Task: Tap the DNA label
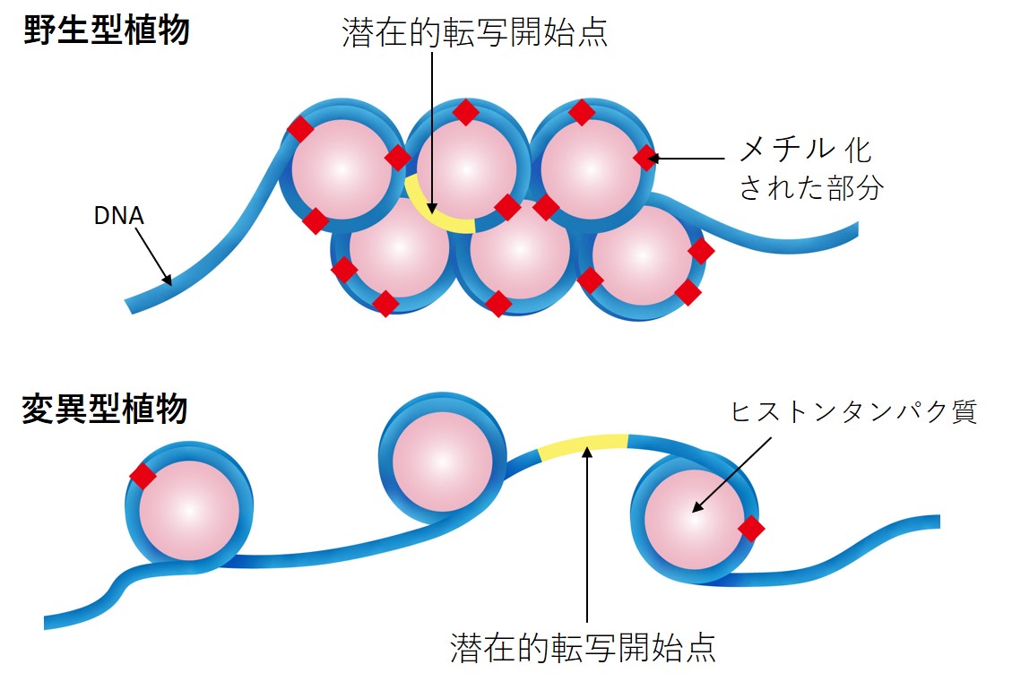tap(118, 216)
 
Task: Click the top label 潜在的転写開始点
tap(475, 33)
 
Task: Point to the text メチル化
tap(804, 150)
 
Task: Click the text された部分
tap(810, 188)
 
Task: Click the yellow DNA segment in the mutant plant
tap(584, 444)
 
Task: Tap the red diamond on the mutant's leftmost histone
tap(143, 476)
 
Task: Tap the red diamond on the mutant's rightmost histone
tap(751, 529)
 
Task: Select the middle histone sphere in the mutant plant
tap(442, 462)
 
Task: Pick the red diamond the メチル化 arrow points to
tap(645, 159)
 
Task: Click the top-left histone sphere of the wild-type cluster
tap(342, 168)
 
